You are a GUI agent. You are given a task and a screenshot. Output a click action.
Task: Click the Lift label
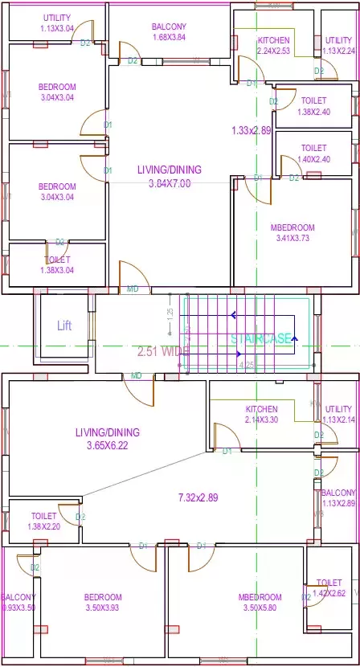coord(64,325)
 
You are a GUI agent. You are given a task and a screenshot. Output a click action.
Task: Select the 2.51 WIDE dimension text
coord(164,352)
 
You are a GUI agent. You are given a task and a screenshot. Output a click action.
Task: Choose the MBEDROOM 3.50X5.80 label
coord(260,603)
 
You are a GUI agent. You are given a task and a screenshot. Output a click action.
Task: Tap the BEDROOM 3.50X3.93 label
coord(103,603)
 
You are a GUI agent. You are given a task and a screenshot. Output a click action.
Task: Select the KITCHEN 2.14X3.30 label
coord(261,415)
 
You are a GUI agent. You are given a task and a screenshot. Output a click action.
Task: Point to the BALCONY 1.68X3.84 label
coord(169,32)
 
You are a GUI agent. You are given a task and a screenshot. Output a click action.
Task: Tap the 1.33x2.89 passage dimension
coord(251,129)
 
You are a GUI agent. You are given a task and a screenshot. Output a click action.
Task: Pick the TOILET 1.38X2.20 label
coord(43,521)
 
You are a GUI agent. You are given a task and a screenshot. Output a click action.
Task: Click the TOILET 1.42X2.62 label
coord(329,588)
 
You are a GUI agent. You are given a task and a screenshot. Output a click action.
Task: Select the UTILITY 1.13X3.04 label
coord(56,23)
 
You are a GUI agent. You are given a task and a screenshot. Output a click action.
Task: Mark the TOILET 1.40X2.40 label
coord(313,153)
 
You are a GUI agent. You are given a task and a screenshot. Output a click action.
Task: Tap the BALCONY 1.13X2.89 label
coord(338,498)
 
